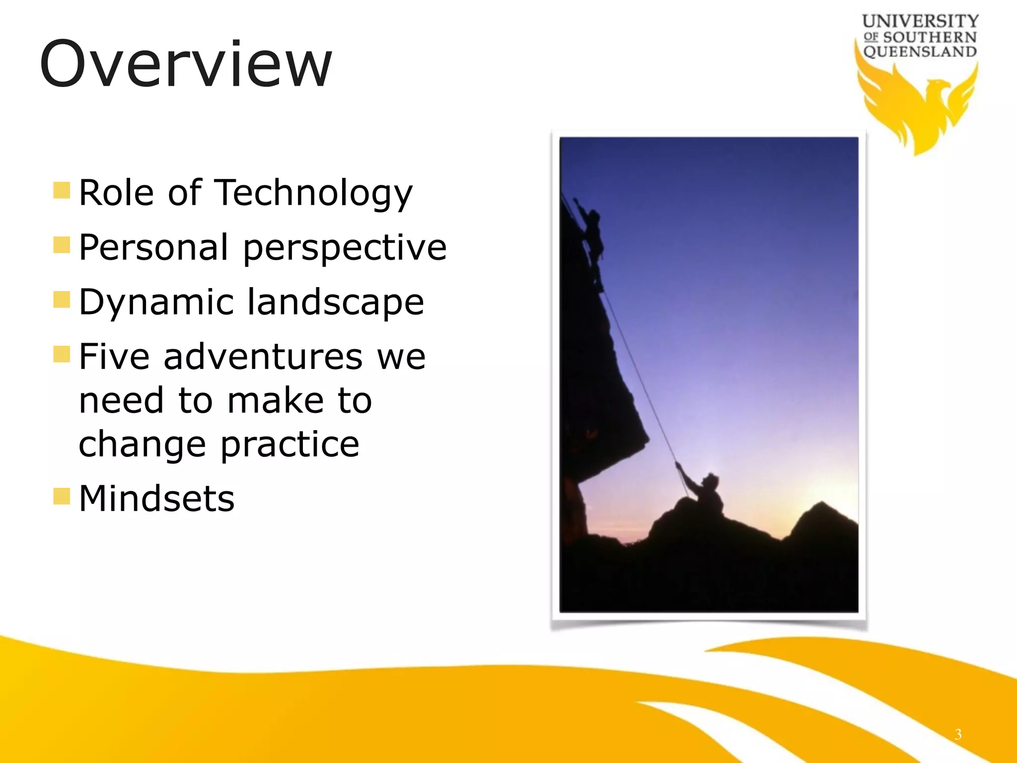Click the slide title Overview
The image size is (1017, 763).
[186, 65]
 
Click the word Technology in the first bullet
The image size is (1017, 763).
[314, 193]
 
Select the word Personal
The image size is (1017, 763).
[153, 247]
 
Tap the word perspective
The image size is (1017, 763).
[345, 248]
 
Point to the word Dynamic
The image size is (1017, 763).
[156, 302]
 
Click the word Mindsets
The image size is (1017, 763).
[156, 498]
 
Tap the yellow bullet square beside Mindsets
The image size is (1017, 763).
[62, 496]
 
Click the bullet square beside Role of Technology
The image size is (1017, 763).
[62, 190]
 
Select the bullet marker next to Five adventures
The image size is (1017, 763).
[62, 354]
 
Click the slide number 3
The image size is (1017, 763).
[958, 734]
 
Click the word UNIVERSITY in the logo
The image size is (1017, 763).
[920, 21]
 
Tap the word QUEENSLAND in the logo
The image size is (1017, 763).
[920, 52]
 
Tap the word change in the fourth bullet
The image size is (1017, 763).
[142, 444]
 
